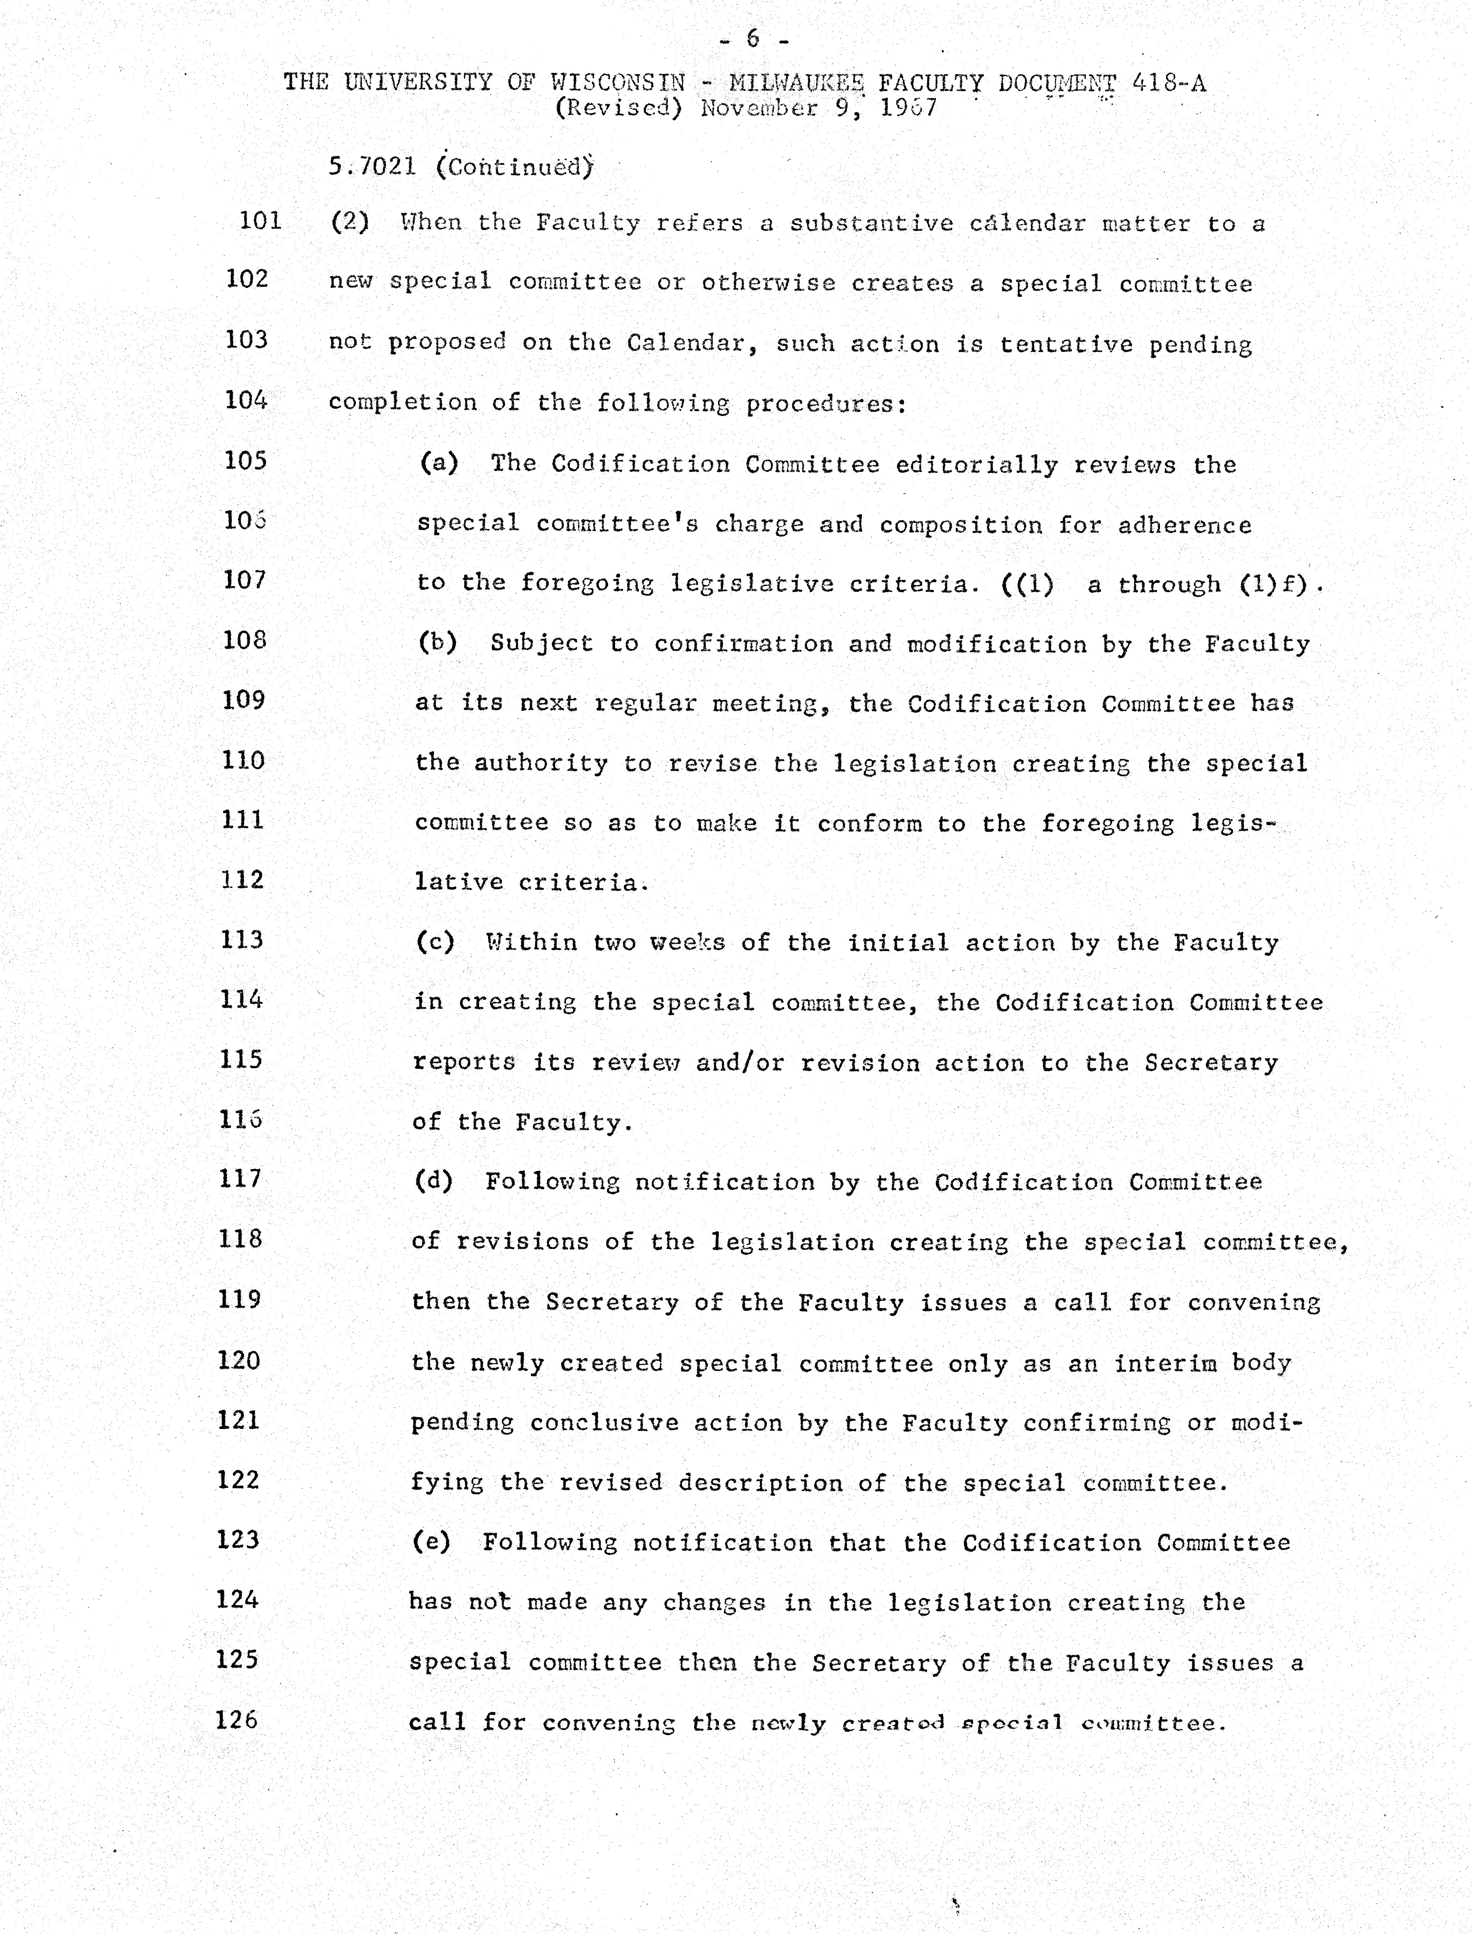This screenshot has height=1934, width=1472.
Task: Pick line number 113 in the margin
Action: [242, 939]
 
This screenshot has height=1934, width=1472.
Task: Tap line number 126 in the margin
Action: [237, 1719]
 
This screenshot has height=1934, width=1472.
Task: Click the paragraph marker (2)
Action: [350, 222]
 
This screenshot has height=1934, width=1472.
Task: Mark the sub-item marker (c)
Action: [435, 942]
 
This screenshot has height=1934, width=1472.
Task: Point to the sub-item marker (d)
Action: [433, 1181]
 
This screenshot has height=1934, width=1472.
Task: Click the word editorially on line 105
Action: [976, 465]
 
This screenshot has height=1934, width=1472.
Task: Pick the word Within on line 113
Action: [531, 942]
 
